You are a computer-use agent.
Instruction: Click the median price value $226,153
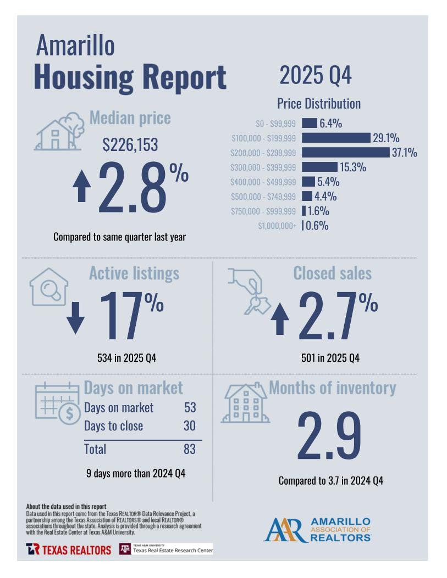(130, 145)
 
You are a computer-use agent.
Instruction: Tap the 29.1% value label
(385, 138)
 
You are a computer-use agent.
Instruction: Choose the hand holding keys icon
(247, 290)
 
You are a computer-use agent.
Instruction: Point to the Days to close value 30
(189, 426)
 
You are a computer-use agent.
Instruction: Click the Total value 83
(189, 449)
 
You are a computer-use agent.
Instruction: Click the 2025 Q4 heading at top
(315, 75)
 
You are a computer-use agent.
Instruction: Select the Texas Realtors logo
(68, 549)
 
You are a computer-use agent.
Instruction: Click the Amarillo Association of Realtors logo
(317, 530)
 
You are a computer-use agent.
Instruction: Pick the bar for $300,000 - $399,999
(319, 167)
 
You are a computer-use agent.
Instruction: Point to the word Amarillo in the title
(75, 45)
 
